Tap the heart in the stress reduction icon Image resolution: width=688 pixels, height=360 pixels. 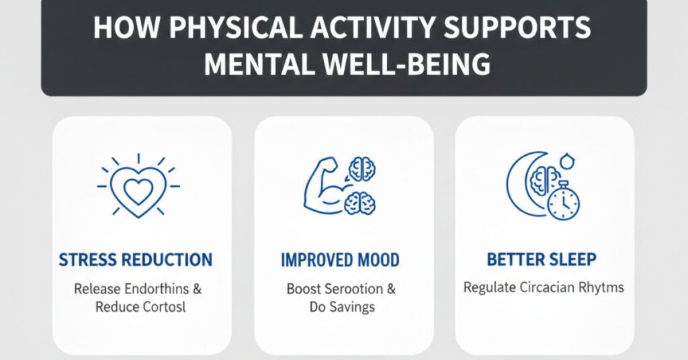[x=138, y=191]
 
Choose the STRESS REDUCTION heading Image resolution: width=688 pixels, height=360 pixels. [x=136, y=260]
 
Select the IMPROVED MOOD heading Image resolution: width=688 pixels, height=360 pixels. [x=341, y=260]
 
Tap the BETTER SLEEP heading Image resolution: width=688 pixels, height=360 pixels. [x=542, y=260]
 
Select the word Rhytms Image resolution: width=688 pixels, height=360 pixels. [x=601, y=288]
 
